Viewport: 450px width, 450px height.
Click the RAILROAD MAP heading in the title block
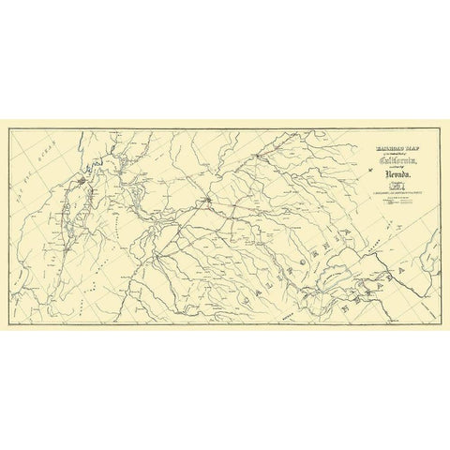click(x=375, y=147)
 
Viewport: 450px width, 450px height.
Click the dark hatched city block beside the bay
click(x=83, y=174)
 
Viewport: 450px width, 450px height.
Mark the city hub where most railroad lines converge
click(x=208, y=199)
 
